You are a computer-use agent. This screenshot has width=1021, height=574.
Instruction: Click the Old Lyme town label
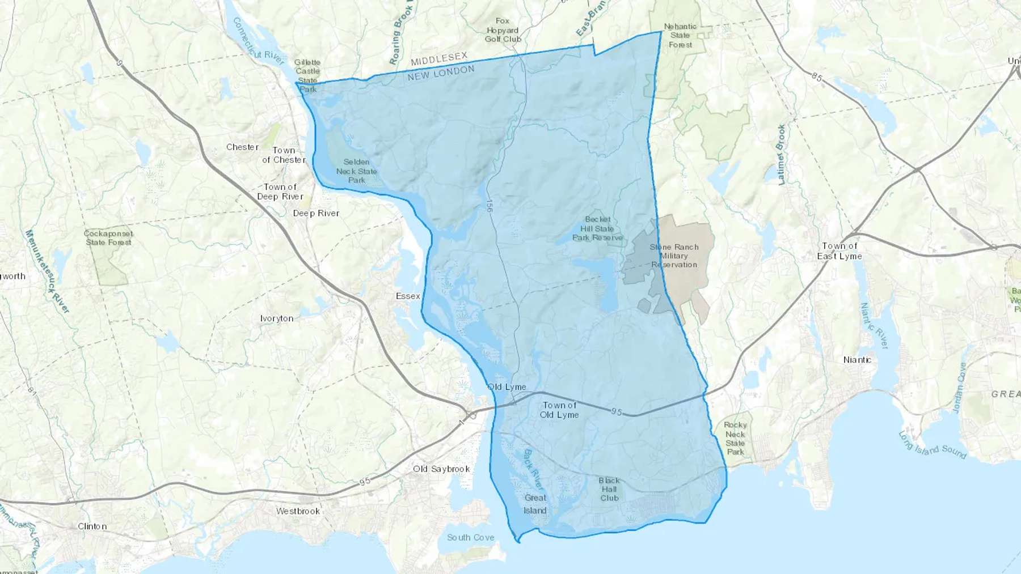point(507,387)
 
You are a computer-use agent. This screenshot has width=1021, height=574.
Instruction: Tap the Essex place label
point(408,296)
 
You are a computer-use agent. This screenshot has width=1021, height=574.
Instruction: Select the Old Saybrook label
point(441,469)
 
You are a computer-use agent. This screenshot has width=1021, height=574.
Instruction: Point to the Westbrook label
point(298,511)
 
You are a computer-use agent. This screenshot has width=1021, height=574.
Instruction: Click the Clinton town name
point(92,526)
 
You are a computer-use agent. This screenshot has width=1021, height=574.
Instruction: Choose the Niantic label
point(857,360)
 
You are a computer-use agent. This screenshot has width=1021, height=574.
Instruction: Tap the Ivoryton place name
point(277,318)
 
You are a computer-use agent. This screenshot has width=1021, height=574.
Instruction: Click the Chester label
point(242,147)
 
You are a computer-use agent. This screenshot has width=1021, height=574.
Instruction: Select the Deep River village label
point(316,214)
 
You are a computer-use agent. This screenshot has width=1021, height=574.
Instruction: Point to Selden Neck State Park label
point(356,171)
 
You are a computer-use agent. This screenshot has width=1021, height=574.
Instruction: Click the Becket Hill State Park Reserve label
point(597,228)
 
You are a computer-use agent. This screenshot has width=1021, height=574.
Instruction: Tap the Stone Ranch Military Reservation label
point(674,256)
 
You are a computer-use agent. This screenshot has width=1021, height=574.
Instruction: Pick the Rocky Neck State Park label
point(735,438)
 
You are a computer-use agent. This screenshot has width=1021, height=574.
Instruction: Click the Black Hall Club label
point(609,490)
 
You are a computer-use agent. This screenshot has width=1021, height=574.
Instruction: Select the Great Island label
point(535,504)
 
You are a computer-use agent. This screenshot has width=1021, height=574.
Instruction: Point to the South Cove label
point(470,537)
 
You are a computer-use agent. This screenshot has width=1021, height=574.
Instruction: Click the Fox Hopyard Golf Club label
point(503,30)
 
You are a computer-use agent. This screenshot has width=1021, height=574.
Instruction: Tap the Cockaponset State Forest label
point(108,238)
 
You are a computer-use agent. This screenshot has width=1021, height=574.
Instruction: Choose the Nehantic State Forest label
point(680,35)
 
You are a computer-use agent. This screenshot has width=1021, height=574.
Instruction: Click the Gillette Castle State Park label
point(307,75)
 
